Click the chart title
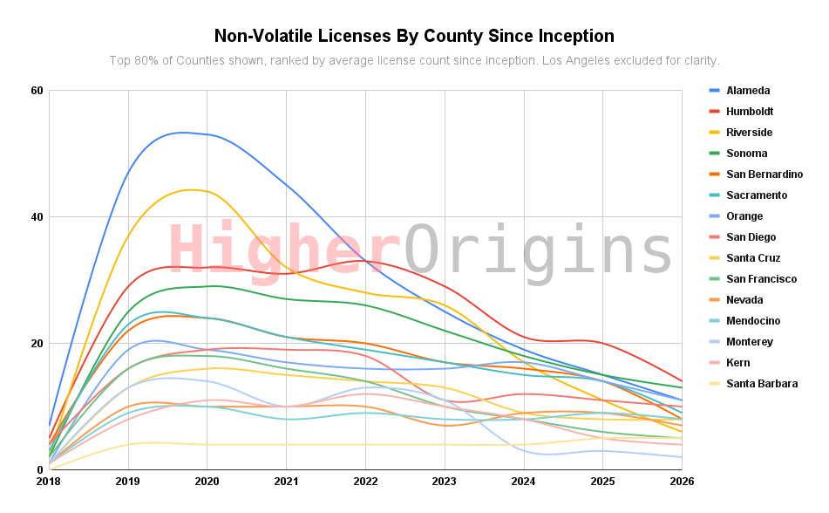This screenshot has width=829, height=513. tap(414, 36)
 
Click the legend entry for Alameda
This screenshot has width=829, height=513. tap(747, 91)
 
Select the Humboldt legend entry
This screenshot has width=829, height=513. tap(749, 112)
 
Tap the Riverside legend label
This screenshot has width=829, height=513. tap(749, 133)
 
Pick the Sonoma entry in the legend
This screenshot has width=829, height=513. tap(746, 154)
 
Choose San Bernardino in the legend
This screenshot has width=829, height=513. tap(764, 174)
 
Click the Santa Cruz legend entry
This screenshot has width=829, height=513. tap(753, 258)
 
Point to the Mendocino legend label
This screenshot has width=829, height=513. tap(752, 321)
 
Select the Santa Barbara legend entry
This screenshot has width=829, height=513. tap(761, 384)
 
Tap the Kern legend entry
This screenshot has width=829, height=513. tap(737, 363)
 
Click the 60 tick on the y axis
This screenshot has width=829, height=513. tap(37, 91)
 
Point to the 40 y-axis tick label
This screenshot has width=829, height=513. tap(37, 217)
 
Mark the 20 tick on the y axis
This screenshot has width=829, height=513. tap(37, 344)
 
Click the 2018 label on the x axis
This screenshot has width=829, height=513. tap(49, 481)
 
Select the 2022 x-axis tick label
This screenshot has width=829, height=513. tap(365, 481)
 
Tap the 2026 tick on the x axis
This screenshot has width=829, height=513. tap(681, 481)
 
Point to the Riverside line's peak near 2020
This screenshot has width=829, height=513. tap(193, 189)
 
